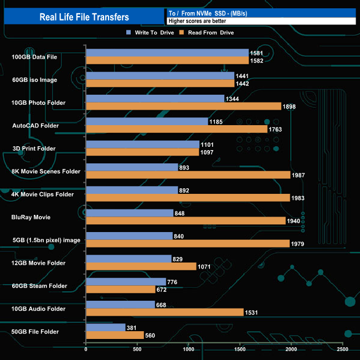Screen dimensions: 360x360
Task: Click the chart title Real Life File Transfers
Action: [84, 17]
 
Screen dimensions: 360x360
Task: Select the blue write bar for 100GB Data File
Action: [167, 53]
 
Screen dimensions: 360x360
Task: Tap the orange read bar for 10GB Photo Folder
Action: [183, 106]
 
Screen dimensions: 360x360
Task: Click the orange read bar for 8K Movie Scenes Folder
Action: [188, 175]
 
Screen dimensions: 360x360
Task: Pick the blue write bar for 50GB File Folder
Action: [106, 327]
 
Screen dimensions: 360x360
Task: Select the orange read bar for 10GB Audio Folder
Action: [164, 312]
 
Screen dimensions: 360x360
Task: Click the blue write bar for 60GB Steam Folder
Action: [126, 282]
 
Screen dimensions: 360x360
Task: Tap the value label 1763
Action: [276, 130]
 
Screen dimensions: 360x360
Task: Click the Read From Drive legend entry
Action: [210, 33]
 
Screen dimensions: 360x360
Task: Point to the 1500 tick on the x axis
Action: [240, 349]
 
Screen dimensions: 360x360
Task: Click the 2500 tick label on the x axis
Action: [343, 349]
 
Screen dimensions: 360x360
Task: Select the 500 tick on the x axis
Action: [137, 349]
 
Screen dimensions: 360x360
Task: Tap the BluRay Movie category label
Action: [30, 217]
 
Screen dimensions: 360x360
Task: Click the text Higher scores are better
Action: [197, 21]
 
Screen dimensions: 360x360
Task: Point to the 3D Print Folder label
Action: [34, 148]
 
